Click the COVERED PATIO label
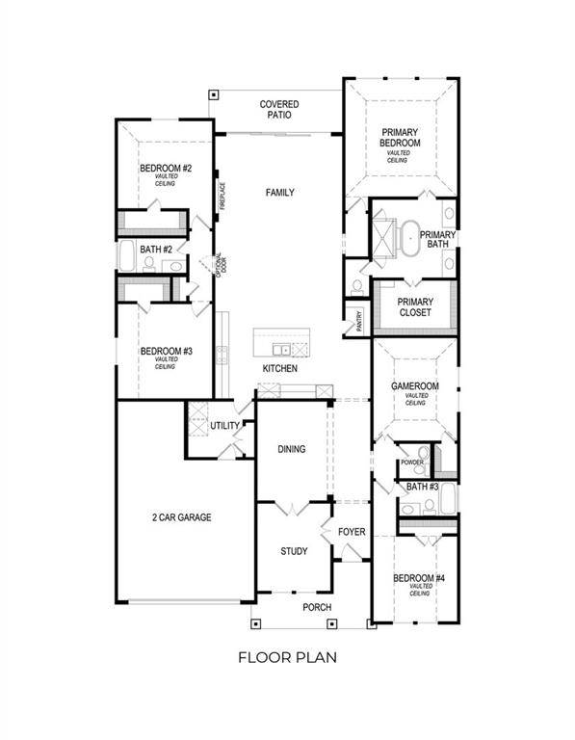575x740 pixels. coord(278,109)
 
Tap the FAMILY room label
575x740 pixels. coord(279,193)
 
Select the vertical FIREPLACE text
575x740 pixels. coord(222,197)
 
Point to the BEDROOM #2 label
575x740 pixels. coord(166,170)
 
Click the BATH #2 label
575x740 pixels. coord(155,250)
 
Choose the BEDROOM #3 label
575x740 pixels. coord(166,352)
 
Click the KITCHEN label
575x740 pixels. coord(280,369)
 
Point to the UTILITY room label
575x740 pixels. coord(224,426)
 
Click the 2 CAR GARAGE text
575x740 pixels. coord(181,517)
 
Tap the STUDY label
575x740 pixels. coord(294,551)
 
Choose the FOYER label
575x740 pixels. coord(350,532)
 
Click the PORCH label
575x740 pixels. coord(317,607)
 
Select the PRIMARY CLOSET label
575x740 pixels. coord(415,307)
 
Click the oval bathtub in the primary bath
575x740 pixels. coord(410,235)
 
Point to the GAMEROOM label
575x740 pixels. coord(415,385)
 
